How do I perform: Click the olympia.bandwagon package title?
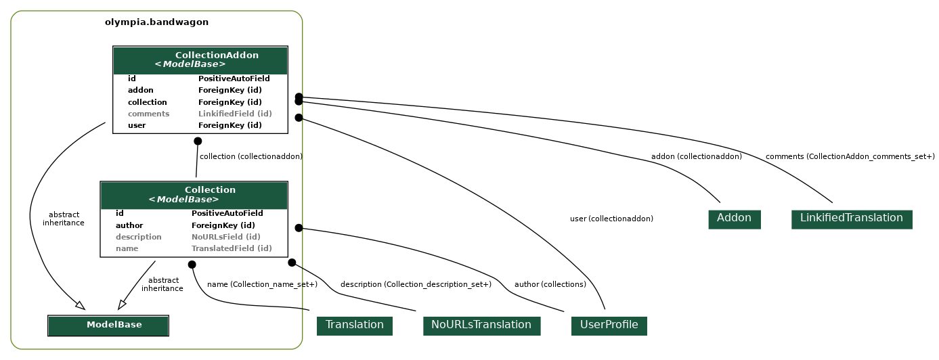point(156,22)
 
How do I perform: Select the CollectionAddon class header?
point(200,60)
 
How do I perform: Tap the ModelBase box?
point(108,325)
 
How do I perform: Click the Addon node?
point(734,219)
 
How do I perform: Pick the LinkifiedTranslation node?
point(851,219)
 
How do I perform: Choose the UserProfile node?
point(609,325)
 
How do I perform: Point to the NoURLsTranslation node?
point(481,325)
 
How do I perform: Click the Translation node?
point(354,325)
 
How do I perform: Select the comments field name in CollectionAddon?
point(148,114)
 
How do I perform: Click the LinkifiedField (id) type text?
point(235,114)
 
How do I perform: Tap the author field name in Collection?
point(129,225)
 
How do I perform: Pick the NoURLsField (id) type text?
point(225,237)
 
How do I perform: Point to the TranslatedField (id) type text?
point(232,248)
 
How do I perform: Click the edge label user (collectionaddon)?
point(611,219)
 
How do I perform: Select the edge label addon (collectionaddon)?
point(696,157)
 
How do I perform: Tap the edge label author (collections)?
point(550,285)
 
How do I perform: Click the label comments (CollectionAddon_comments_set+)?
point(850,157)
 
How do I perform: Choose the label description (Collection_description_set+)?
point(416,285)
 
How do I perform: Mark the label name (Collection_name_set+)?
point(262,285)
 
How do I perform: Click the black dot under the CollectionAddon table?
point(198,141)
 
